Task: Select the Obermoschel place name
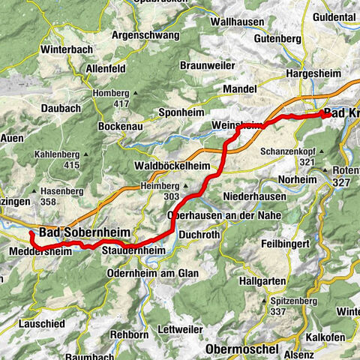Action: [x=242, y=349]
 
